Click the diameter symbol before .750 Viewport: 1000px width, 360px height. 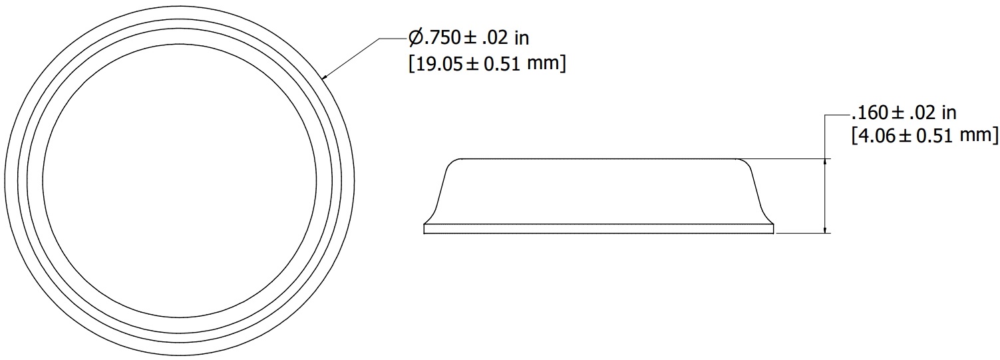(x=415, y=37)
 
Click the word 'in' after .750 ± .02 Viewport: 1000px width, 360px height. (x=522, y=38)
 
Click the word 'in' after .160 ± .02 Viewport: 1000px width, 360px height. (x=949, y=113)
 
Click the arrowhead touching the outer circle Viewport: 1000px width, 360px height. (x=326, y=76)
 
